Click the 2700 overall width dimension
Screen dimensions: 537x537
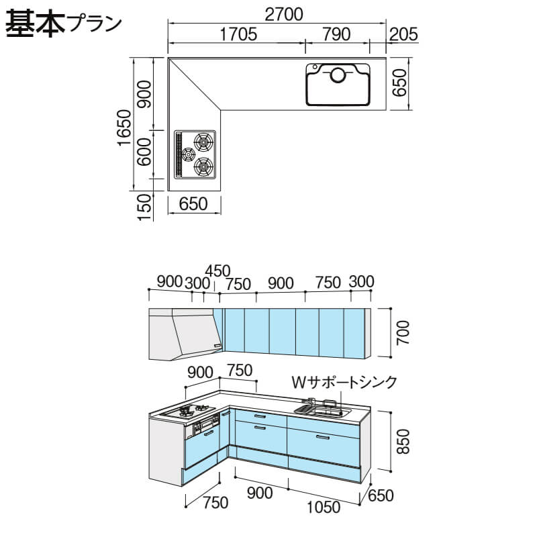pos(284,14)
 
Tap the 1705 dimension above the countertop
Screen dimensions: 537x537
pos(238,34)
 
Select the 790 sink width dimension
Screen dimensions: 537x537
pos(337,34)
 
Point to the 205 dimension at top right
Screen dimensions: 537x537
pos(404,34)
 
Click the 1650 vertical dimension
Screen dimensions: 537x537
pos(125,128)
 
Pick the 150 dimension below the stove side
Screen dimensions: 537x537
pos(144,207)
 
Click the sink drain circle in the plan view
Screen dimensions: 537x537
pos(338,75)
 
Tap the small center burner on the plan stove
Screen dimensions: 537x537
pos(188,155)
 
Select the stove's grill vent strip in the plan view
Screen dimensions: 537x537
pos(178,154)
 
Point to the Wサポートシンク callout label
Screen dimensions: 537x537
pos(344,382)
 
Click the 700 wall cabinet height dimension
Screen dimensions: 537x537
pos(403,332)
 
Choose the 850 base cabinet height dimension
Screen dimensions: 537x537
pos(403,442)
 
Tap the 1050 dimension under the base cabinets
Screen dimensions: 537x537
pos(324,507)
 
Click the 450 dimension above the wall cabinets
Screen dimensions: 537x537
pos(218,271)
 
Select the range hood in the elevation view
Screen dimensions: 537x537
pos(186,334)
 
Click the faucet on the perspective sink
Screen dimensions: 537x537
pos(311,401)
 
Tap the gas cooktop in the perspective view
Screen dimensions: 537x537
pos(189,411)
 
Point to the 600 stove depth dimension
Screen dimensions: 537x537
pos(144,152)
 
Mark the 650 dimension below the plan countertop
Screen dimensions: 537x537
pos(193,204)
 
